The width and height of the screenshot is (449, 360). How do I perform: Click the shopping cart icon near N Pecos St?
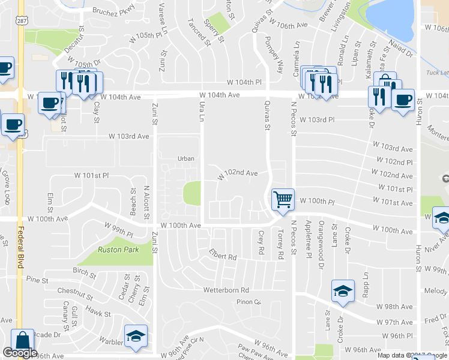point(283,199)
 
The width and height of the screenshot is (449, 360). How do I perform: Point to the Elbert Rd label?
point(223,256)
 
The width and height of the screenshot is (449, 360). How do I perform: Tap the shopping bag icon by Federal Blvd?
point(23,341)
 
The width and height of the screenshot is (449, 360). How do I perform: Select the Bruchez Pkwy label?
point(114,10)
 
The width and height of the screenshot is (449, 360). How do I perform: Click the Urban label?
point(186,158)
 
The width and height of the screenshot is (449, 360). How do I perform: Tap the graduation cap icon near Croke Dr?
point(343,292)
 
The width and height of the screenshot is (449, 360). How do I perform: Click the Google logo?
point(20,353)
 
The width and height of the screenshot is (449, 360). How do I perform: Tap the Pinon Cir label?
point(249,302)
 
